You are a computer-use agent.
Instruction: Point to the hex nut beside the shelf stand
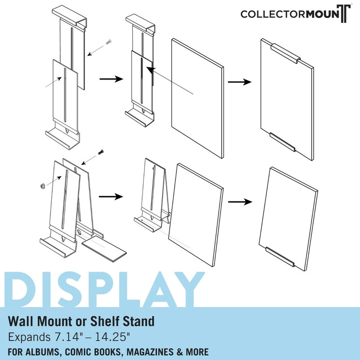[40, 184]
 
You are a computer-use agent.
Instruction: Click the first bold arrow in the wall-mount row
[111, 79]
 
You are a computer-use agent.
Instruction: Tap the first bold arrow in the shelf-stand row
[111, 196]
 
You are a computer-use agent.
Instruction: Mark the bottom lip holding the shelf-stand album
[279, 255]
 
